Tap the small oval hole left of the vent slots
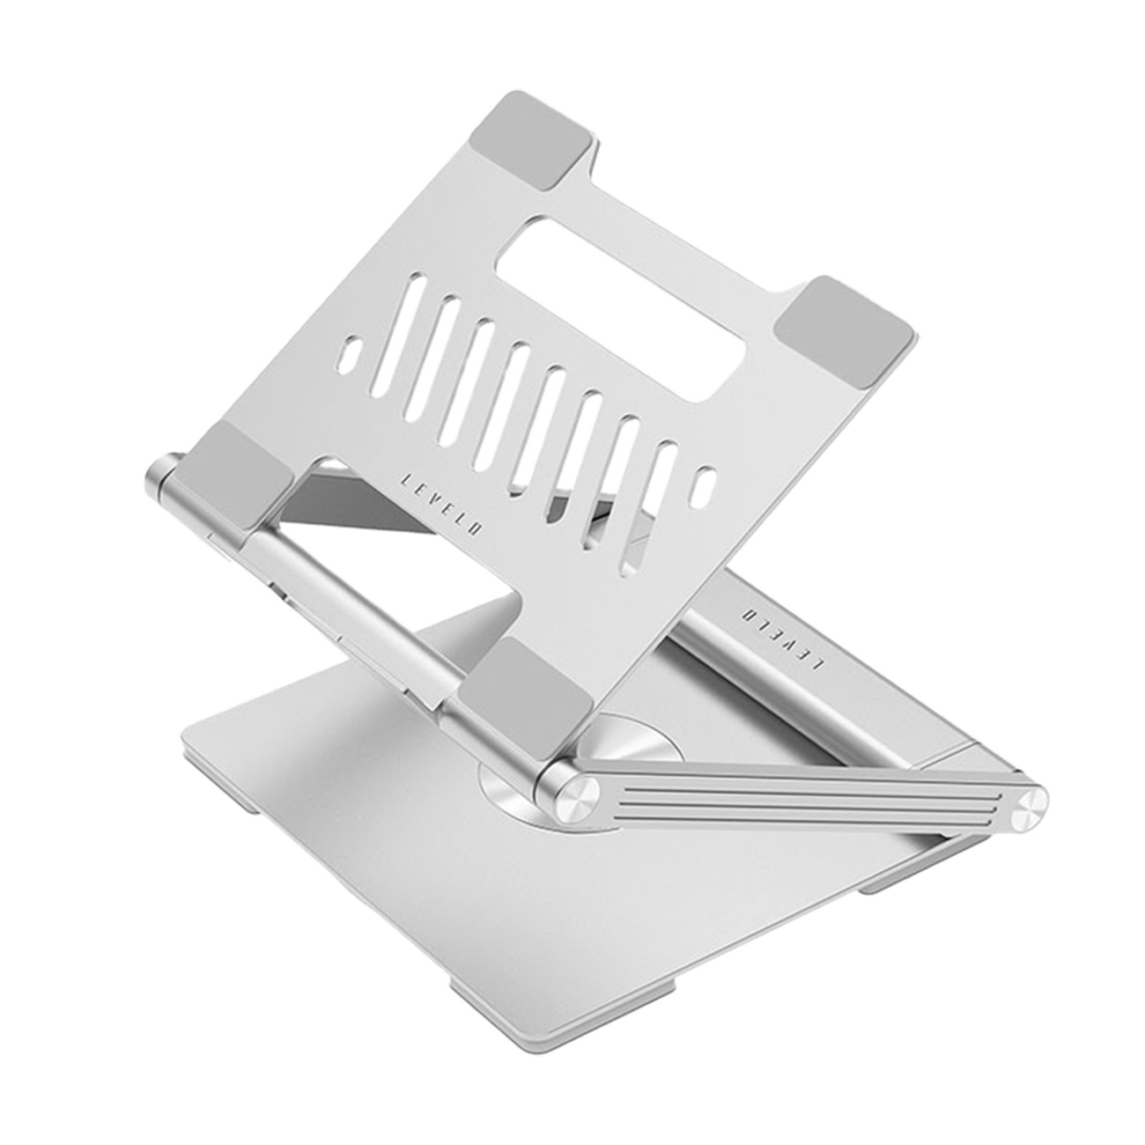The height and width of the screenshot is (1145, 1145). pos(350,355)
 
